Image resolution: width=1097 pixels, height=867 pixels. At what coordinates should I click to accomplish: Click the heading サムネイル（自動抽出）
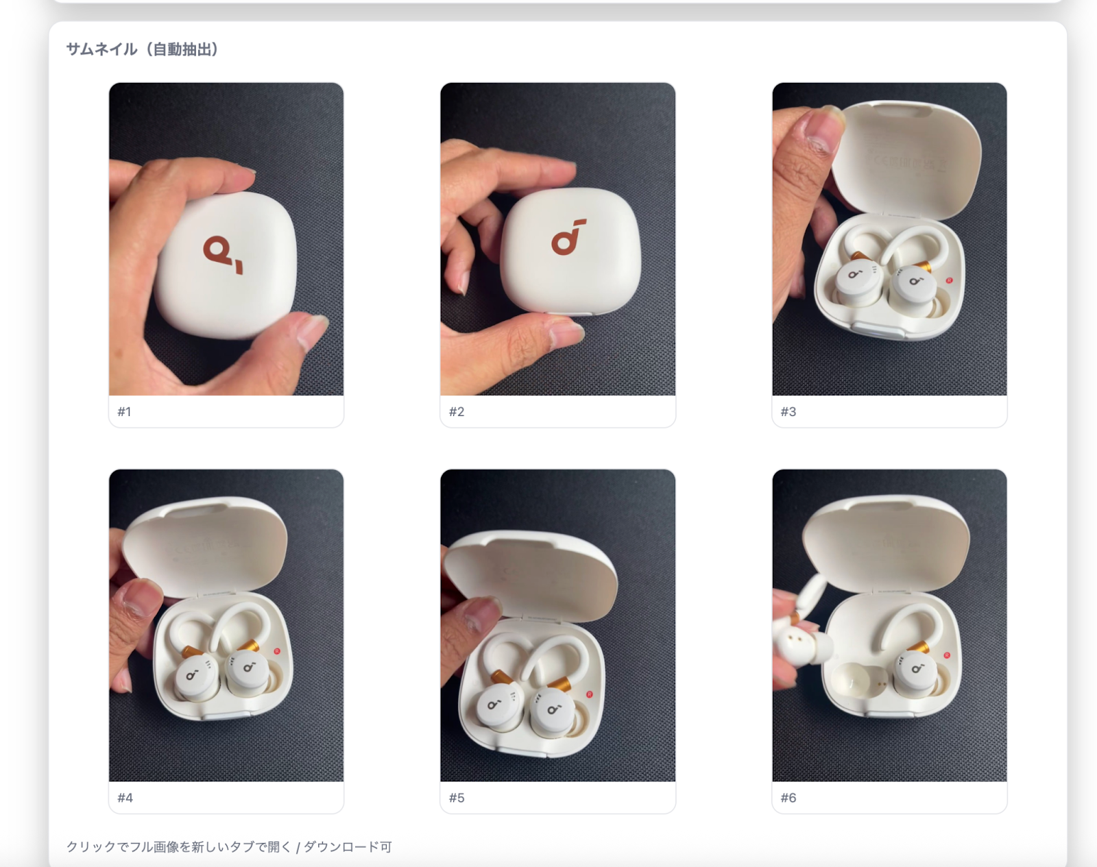click(142, 49)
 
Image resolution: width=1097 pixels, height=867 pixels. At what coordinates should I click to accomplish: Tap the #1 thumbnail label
click(124, 412)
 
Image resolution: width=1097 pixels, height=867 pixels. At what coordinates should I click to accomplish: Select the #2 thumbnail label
click(456, 412)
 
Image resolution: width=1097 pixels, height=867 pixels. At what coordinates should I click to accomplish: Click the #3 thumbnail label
click(788, 412)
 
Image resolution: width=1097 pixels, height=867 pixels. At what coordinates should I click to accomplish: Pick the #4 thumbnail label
click(125, 798)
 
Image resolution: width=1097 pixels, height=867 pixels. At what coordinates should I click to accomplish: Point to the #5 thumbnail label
click(456, 798)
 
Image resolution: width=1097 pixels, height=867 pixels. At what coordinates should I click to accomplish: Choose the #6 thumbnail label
click(788, 798)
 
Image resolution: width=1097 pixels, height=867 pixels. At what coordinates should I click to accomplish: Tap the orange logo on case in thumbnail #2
click(568, 237)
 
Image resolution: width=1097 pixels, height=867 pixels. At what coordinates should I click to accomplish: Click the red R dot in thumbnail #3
click(949, 280)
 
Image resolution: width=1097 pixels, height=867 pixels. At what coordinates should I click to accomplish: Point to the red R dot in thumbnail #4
click(277, 651)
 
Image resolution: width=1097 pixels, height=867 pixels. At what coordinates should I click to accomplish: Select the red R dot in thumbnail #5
click(589, 694)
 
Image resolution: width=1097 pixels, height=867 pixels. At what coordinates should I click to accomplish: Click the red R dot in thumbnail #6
click(947, 655)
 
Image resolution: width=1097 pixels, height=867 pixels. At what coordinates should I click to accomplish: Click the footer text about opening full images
click(229, 846)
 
